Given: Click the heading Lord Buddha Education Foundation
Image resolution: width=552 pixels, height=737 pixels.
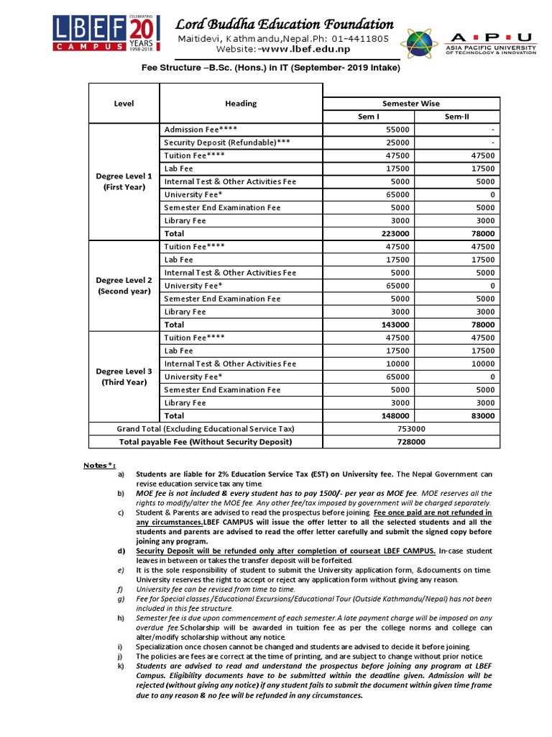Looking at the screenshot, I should click(285, 24).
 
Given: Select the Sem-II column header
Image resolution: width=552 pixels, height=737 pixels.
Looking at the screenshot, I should click(460, 116).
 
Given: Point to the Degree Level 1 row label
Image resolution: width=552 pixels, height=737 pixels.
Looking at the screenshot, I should click(124, 181).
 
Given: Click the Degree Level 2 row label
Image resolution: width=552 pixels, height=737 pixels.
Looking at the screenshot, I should click(124, 286).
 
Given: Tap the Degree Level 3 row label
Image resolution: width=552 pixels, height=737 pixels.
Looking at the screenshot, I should click(124, 376).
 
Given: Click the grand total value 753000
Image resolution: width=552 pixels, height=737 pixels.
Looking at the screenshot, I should click(410, 429).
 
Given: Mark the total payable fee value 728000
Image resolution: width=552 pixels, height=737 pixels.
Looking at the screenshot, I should click(410, 442).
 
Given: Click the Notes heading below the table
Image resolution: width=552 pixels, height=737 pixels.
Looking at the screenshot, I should click(99, 466).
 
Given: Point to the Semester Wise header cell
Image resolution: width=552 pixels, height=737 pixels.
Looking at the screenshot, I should click(410, 104).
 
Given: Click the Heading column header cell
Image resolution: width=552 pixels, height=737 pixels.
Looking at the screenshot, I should click(240, 104).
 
